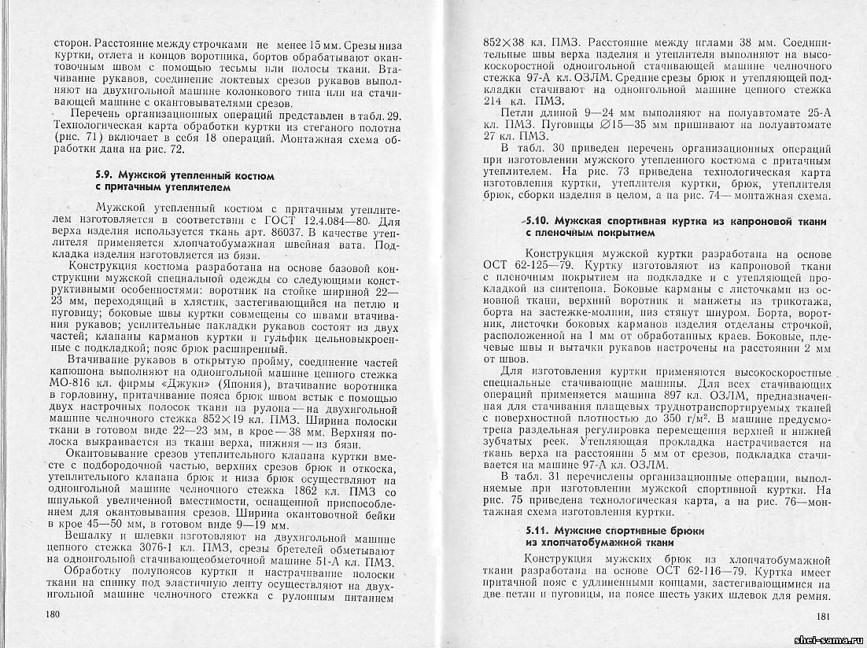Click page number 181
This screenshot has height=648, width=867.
pos(824,617)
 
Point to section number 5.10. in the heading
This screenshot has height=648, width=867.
pos(543,223)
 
